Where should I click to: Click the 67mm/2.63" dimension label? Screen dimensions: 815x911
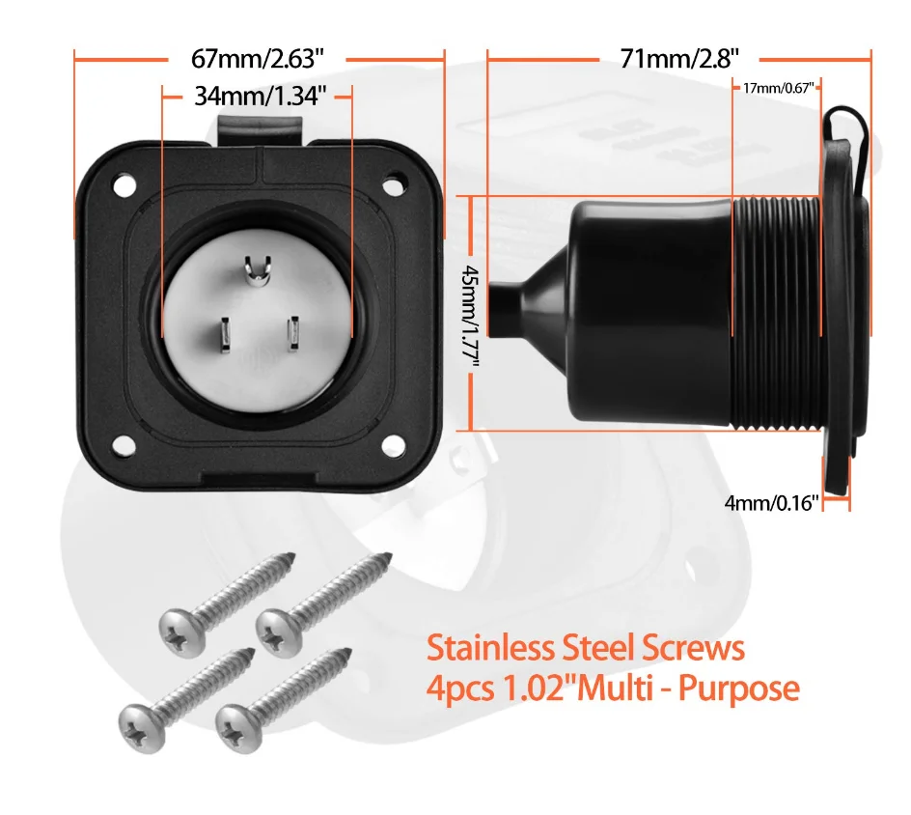pos(259,58)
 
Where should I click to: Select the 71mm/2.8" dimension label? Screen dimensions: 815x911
pos(680,58)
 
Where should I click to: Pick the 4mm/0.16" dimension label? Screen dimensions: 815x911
pos(772,501)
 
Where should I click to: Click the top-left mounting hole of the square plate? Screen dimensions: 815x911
pos(122,182)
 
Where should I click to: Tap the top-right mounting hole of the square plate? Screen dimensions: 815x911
pos(394,182)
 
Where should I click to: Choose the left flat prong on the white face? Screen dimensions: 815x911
pos(222,333)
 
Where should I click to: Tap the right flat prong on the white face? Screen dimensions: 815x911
pos(292,333)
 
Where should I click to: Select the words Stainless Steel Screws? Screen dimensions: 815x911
pos(586,647)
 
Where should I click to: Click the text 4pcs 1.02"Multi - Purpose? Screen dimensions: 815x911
pos(613,689)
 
